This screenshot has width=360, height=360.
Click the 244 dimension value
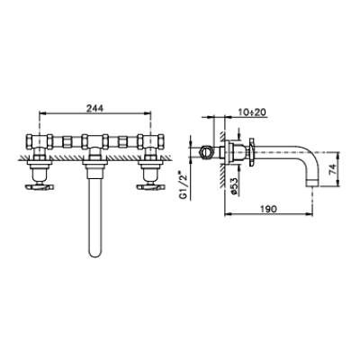94,108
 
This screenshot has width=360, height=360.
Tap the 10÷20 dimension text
252,112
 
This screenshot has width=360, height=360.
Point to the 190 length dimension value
268,209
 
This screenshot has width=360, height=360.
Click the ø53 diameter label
235,187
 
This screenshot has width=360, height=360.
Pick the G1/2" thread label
183,185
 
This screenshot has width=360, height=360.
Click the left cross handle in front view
40,187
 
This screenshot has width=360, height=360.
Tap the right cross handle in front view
151,187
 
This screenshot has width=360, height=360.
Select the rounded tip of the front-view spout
95,254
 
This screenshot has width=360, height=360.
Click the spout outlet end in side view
312,183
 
